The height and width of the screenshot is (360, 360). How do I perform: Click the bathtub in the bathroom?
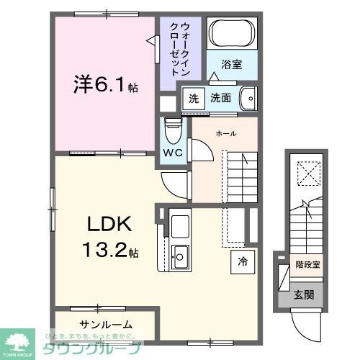point(230,33)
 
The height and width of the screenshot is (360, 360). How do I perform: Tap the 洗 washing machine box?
point(192,98)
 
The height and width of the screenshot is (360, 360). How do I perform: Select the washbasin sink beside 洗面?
point(247,97)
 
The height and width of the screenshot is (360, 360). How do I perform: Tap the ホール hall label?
point(226,134)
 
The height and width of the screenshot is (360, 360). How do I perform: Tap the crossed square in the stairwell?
point(309,173)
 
